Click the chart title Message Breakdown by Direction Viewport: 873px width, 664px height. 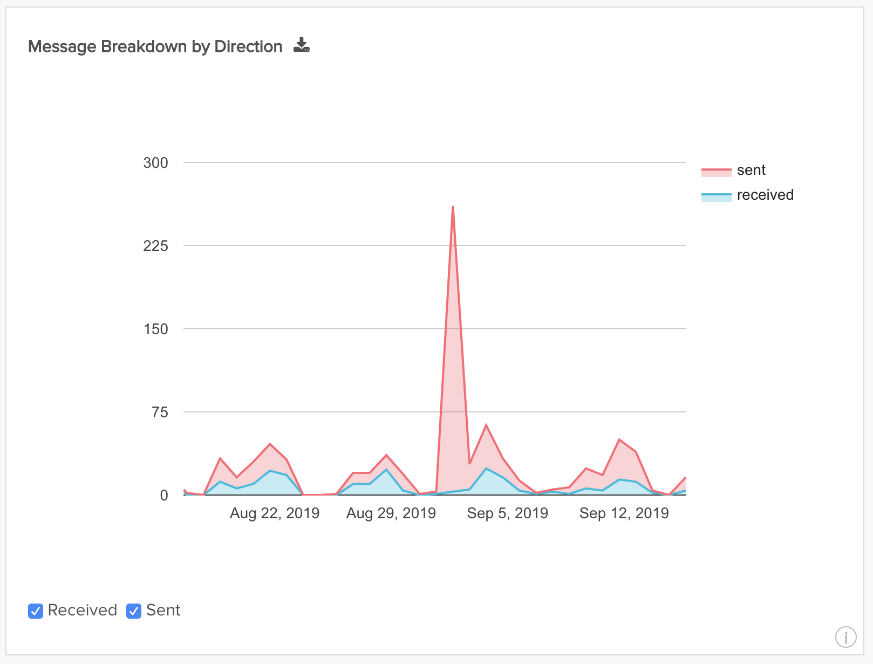point(155,47)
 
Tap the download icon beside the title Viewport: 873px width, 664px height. point(302,45)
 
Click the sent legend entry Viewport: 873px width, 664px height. point(751,171)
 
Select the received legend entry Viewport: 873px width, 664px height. point(765,195)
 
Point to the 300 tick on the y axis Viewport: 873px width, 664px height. point(155,163)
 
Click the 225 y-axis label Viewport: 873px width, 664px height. point(155,246)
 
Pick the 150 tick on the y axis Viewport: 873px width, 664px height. point(155,329)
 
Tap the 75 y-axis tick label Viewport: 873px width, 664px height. point(160,412)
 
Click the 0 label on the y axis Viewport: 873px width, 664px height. point(164,496)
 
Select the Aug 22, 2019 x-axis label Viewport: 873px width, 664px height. point(275,513)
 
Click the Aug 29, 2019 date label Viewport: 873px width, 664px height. point(391,513)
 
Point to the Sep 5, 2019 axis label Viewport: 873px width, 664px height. point(508,513)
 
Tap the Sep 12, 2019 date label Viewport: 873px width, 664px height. point(624,513)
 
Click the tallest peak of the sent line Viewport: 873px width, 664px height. point(453,207)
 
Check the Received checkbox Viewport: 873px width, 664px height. point(36,611)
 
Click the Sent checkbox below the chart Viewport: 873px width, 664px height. point(134,611)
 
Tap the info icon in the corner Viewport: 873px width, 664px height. point(845,637)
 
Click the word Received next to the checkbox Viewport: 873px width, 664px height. point(83,611)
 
